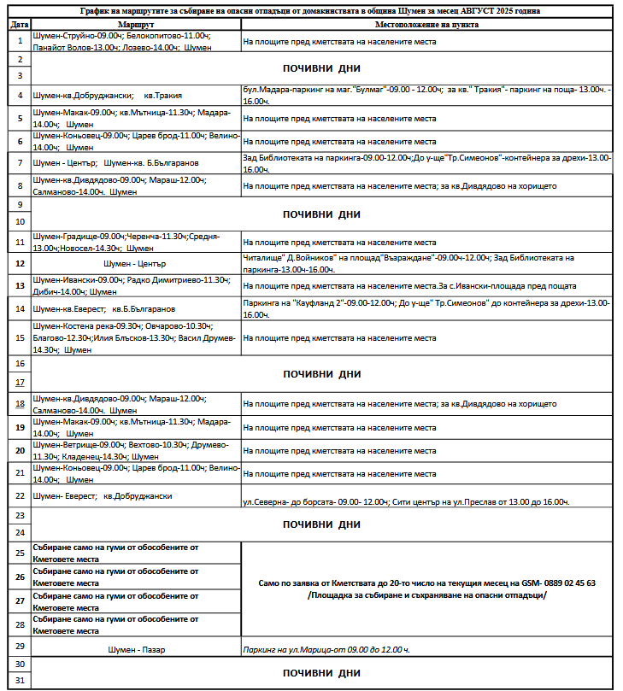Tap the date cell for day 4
[x=19, y=95]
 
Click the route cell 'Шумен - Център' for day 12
[x=134, y=263]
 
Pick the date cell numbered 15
[x=19, y=337]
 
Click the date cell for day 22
[x=19, y=495]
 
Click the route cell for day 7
[x=134, y=162]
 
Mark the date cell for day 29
[x=19, y=647]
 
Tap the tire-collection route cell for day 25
[x=134, y=553]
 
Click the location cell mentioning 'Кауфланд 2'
[x=425, y=307]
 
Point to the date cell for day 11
[x=19, y=241]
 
